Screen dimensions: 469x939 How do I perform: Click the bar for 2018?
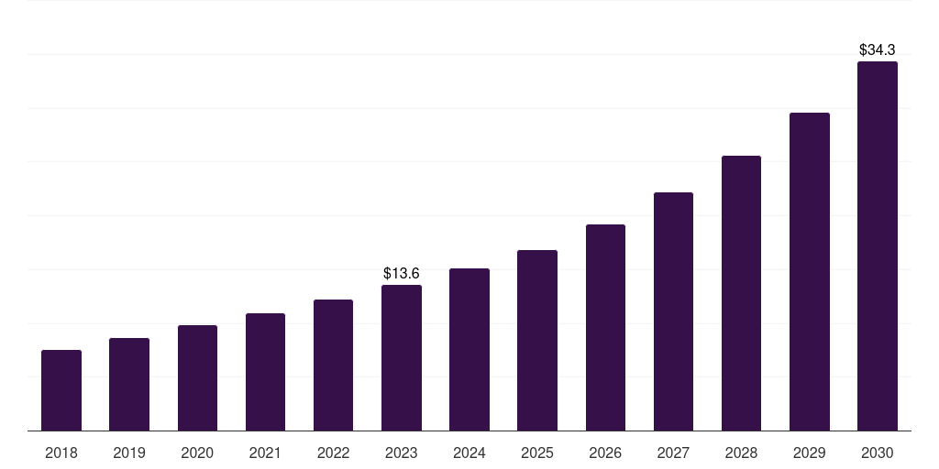61,390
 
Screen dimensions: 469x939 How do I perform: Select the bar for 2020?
197,377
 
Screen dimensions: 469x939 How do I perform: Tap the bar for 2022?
333,365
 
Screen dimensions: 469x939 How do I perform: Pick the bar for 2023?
402,357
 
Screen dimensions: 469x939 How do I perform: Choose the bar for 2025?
537,340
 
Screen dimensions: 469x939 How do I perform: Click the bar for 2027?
673,311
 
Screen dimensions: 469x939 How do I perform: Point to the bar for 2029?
809,271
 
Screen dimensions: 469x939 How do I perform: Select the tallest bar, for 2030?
878,245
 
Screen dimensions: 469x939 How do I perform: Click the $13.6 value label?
402,273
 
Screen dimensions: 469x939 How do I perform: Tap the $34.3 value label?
878,49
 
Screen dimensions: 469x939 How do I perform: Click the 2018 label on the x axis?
61,453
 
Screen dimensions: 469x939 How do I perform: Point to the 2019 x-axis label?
129,453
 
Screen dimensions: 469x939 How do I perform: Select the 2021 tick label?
265,453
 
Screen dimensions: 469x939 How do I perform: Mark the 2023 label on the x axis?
402,453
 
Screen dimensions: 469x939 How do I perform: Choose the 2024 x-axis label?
469,453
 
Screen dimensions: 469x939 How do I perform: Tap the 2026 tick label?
605,453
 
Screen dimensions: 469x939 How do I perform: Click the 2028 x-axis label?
741,453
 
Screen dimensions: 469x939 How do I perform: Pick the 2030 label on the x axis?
878,453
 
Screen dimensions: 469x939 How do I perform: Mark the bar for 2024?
469,349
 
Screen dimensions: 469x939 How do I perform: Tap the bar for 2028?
741,293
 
